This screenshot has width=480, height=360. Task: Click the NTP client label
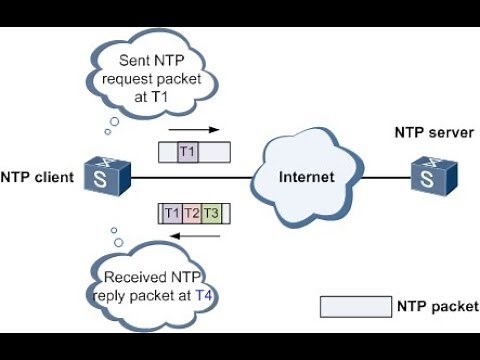point(36,178)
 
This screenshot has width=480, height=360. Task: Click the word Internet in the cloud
point(306,177)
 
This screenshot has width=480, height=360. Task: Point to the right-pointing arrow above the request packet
point(193,130)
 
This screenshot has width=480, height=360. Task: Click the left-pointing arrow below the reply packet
point(193,236)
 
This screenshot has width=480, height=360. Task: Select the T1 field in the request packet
point(187,152)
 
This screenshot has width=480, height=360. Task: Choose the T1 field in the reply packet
point(172,213)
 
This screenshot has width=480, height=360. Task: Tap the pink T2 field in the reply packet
point(191,213)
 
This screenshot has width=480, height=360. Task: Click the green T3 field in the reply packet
point(210,213)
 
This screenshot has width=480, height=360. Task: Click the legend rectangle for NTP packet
point(355,306)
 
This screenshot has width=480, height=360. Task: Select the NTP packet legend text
point(437,306)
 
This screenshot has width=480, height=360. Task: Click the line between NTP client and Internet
point(190,177)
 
